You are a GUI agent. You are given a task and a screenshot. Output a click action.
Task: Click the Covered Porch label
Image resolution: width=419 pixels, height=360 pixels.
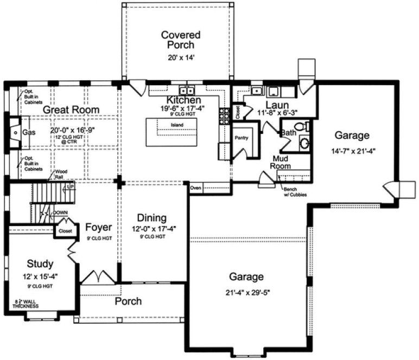181,40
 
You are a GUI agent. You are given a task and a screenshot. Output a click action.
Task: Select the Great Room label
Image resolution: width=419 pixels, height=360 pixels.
71,110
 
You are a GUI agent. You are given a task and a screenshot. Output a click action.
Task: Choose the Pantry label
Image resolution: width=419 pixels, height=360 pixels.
241,138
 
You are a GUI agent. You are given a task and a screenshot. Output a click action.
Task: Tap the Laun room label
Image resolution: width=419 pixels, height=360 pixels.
277,105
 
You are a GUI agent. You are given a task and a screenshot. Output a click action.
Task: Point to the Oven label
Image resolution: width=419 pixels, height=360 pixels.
196,188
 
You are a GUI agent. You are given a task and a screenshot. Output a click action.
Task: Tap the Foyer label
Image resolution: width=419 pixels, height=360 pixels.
98,228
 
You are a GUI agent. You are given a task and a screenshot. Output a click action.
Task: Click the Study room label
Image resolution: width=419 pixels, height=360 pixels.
40,264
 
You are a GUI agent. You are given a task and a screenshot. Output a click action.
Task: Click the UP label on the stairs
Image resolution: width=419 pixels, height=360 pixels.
69,187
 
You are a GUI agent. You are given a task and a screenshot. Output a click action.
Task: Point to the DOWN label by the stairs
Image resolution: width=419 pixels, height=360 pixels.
60,213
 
